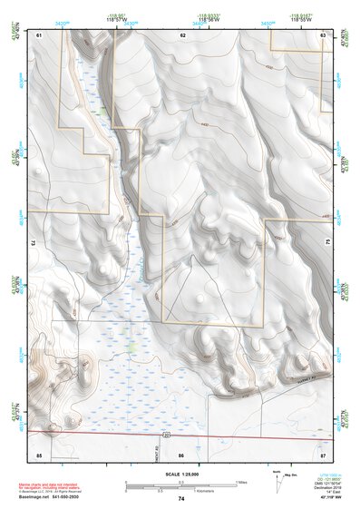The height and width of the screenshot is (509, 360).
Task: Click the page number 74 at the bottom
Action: tap(181, 499)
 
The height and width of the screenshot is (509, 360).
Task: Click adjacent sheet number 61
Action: tap(39, 34)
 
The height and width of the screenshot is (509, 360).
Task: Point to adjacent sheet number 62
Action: tap(182, 34)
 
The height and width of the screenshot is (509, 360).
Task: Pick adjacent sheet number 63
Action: tap(323, 34)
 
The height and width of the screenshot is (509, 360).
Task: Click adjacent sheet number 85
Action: tap(39, 452)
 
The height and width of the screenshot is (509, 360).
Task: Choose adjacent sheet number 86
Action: tap(181, 452)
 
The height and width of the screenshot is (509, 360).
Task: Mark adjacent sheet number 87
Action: tap(323, 452)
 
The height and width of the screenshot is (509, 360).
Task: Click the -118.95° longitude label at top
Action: tap(119, 15)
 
